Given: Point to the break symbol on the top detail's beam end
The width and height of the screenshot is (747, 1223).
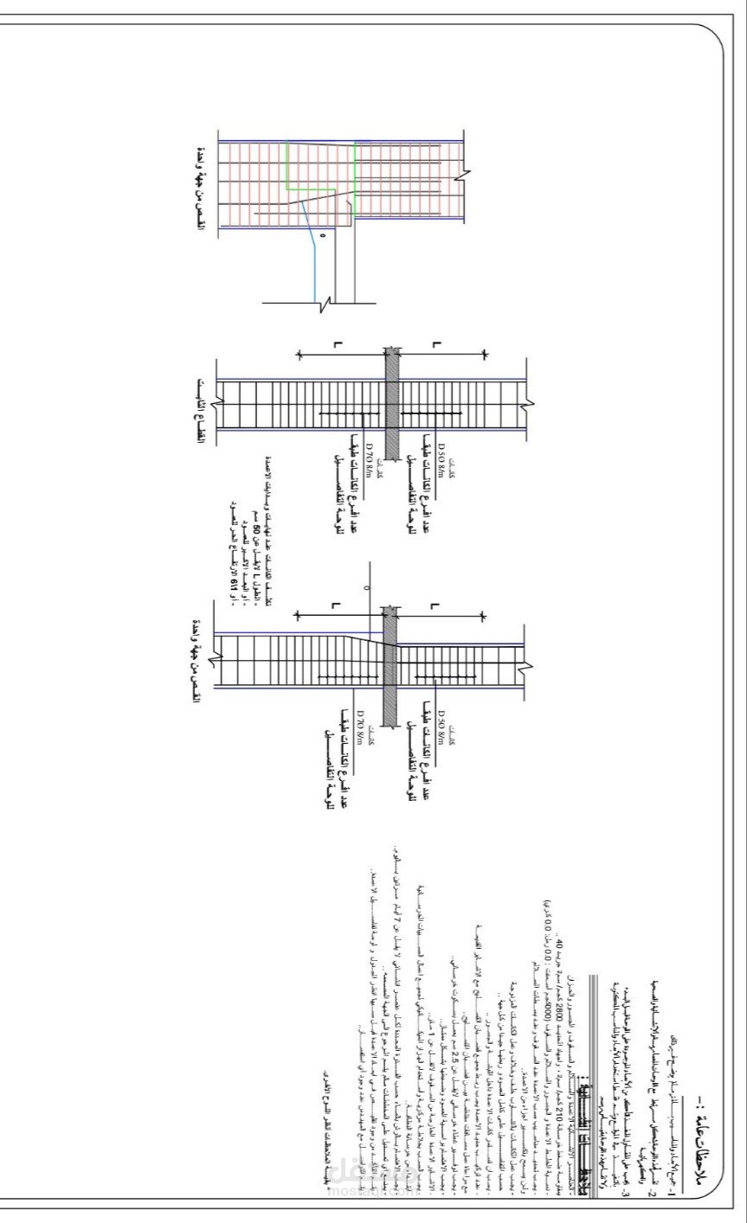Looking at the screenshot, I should (x=466, y=176).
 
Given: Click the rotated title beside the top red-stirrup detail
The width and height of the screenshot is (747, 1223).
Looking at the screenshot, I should (x=201, y=186).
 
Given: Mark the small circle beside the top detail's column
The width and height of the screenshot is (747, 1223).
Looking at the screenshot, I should (x=322, y=234).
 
